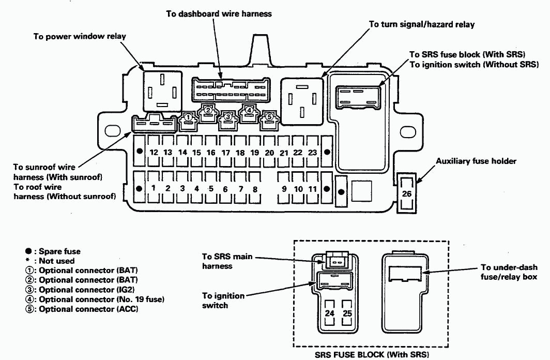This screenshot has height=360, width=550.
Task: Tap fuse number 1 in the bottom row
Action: tap(154, 188)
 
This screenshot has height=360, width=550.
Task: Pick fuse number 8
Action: tap(255, 188)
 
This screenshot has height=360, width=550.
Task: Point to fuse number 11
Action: tap(312, 188)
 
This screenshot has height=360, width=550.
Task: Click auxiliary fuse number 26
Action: tap(406, 193)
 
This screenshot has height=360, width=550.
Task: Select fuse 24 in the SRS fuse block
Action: tap(330, 313)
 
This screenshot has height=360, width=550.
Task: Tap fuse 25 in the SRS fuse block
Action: tap(347, 313)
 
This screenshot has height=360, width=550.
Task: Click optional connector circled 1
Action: tap(188, 118)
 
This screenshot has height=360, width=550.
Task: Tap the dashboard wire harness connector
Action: tap(231, 90)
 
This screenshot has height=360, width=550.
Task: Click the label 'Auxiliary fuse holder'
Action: tap(476, 161)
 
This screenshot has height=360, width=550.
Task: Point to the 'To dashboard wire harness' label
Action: tap(219, 14)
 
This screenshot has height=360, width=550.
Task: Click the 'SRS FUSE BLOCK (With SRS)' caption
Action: tap(371, 355)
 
